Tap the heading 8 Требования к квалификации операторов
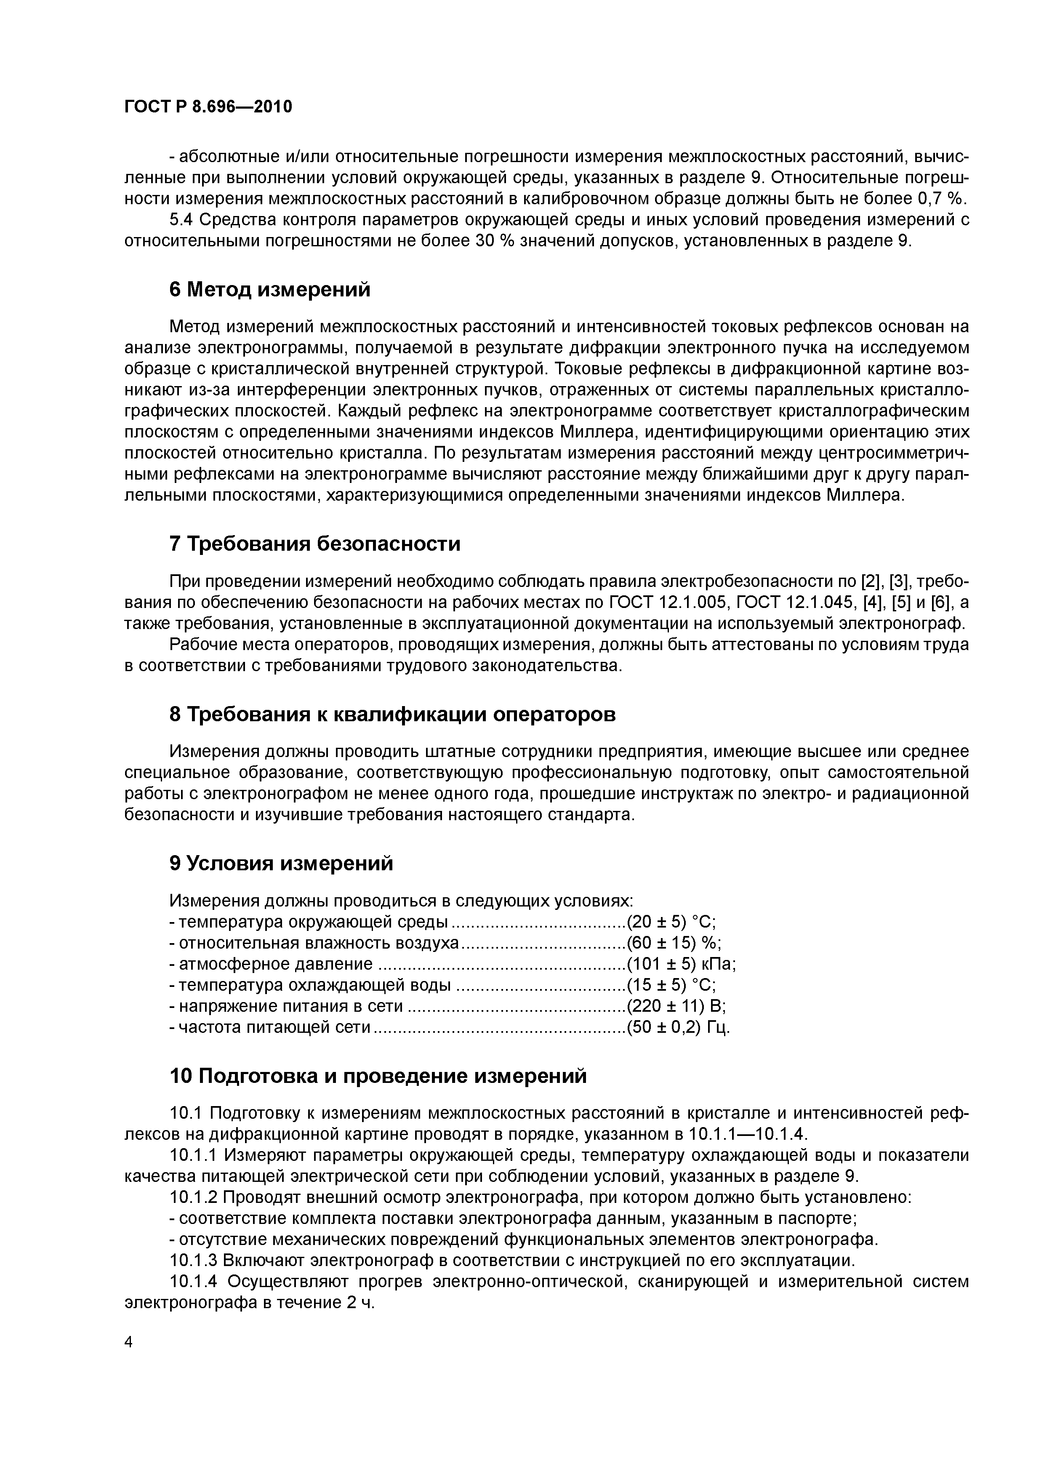pyautogui.click(x=392, y=714)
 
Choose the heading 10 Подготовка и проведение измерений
pyautogui.click(x=378, y=1076)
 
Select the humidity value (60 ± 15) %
pyautogui.click(x=674, y=943)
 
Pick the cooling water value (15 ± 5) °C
pyautogui.click(x=671, y=985)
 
